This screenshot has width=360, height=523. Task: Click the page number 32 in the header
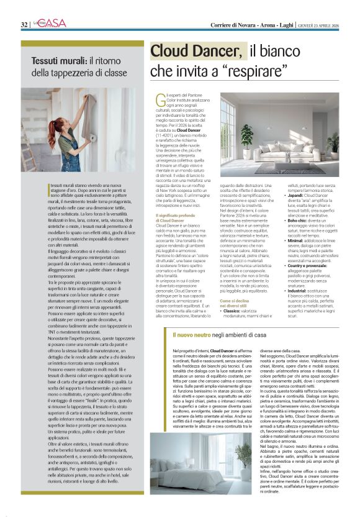point(24,24)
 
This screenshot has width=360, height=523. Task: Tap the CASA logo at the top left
point(50,23)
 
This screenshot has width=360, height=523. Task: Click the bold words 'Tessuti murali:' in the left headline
point(59,61)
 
